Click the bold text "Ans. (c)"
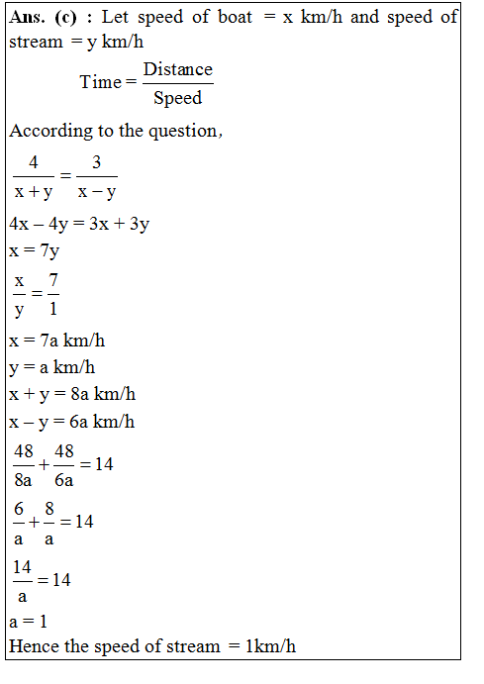point(43,21)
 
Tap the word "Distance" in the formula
point(178,68)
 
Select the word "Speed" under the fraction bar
point(178,98)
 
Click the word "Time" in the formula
point(100,82)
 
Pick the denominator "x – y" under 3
point(97,190)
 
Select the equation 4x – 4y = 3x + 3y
point(79,224)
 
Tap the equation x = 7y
point(35,250)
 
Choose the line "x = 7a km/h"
point(57,342)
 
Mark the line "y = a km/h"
point(52,368)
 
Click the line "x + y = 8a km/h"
point(72,394)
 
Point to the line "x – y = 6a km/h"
point(72,422)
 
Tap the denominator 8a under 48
point(23,479)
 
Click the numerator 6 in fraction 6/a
point(19,508)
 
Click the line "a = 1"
point(28,623)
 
